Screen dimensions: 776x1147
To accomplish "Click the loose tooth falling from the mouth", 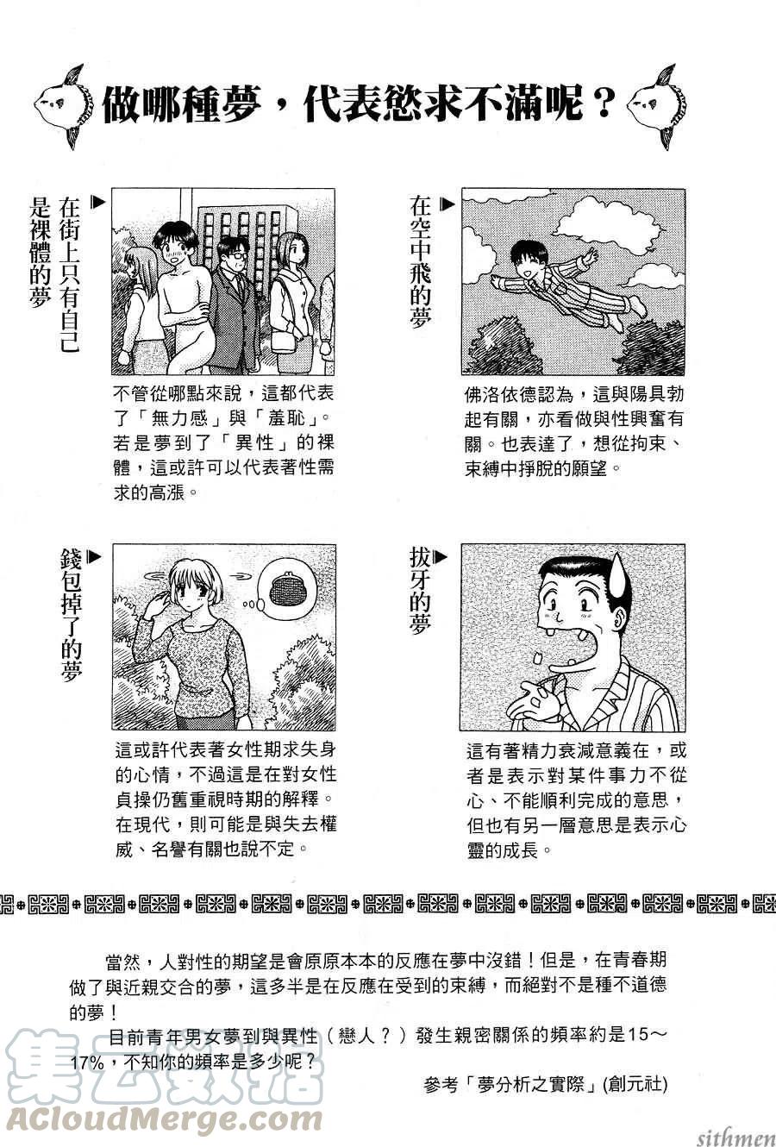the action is (538, 658).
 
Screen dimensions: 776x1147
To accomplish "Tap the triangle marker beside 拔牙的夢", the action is (440, 556).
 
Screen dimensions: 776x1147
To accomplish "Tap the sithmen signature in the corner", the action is (736, 1138).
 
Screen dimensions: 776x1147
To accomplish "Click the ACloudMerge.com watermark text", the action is (164, 1119).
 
